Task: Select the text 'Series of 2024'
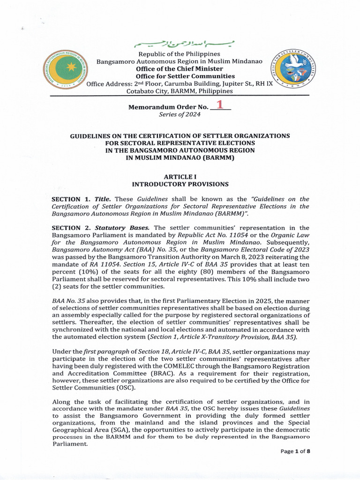(x=180, y=114)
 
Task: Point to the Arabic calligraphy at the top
(x=184, y=45)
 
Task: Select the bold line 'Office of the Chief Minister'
(x=179, y=69)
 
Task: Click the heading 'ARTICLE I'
(x=180, y=177)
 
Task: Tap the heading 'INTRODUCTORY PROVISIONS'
(x=180, y=184)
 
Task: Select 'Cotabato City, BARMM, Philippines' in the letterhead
(x=180, y=91)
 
